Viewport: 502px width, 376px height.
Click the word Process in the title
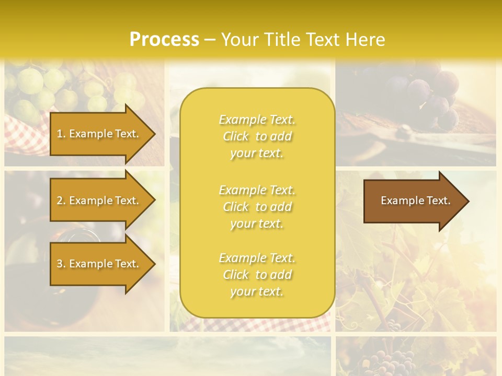[164, 40]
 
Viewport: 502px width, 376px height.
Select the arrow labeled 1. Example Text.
[99, 134]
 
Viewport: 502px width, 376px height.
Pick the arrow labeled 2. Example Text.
[99, 201]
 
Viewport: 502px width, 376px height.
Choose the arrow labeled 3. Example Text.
[99, 264]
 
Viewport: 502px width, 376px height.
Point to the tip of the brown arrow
[467, 201]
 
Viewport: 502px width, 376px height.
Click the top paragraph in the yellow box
[257, 136]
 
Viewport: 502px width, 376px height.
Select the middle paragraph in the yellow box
[257, 207]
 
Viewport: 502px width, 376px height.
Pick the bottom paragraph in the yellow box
[257, 275]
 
